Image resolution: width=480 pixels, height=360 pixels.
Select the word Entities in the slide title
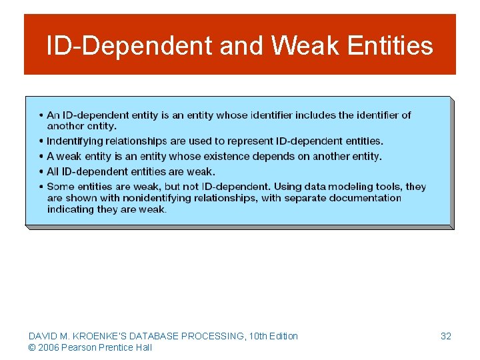pyautogui.click(x=390, y=46)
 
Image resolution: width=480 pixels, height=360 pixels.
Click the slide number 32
pyautogui.click(x=446, y=336)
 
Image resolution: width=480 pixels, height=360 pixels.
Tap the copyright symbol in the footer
pyautogui.click(x=32, y=347)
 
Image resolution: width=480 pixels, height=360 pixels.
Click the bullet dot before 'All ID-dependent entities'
pyautogui.click(x=41, y=172)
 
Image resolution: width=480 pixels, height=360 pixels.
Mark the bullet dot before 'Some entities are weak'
pyautogui.click(x=41, y=187)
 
